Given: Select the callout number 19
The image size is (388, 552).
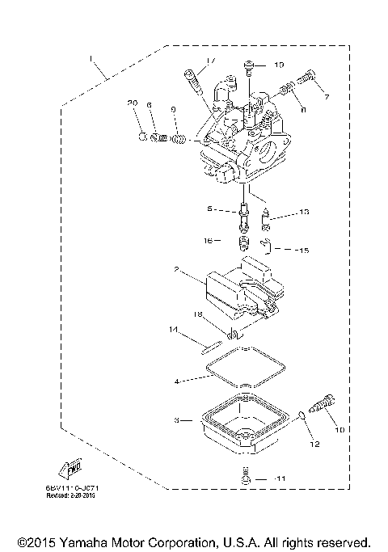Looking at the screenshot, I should [279, 64].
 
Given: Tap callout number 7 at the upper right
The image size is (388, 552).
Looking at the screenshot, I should [327, 97].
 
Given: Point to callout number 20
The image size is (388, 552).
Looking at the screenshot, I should [133, 103].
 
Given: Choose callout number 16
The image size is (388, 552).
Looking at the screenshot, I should [209, 241].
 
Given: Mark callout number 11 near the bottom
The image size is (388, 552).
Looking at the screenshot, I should [280, 480].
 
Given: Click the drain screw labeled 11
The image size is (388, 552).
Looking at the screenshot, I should [246, 479].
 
